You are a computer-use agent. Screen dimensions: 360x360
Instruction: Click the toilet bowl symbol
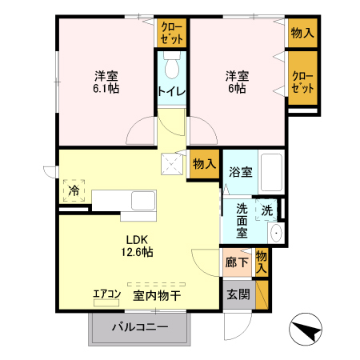click(x=171, y=65)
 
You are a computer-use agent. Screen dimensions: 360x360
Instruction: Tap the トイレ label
click(x=171, y=91)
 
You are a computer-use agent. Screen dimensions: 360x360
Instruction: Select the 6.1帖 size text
click(x=106, y=89)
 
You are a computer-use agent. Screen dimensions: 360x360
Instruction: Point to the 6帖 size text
click(x=237, y=89)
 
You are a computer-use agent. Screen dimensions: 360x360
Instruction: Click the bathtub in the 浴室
click(x=271, y=172)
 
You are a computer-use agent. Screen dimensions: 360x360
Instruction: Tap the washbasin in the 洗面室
click(x=276, y=233)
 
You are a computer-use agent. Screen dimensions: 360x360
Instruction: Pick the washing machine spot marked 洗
click(x=266, y=210)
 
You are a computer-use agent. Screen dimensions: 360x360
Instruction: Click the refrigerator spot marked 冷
click(x=74, y=190)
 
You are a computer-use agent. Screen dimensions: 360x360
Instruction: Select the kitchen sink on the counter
click(x=143, y=200)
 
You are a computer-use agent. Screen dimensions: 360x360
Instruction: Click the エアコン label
click(x=106, y=294)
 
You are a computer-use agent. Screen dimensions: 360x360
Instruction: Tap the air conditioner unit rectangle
click(x=106, y=302)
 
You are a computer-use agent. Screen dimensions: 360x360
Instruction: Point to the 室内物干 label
click(x=157, y=295)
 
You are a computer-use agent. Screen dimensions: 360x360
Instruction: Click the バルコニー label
click(x=140, y=327)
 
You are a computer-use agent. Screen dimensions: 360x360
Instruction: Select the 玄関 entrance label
click(x=238, y=294)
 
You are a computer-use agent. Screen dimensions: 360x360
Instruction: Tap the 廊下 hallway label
click(x=237, y=262)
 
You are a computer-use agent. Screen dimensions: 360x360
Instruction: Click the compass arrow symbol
click(x=306, y=330)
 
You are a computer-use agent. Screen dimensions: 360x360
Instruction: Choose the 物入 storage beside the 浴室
click(x=204, y=163)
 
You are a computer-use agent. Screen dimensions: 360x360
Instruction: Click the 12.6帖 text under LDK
click(x=137, y=251)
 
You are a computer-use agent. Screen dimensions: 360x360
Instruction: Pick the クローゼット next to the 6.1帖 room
click(x=172, y=33)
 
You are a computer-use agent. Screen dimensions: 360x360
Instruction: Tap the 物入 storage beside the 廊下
click(x=261, y=262)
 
